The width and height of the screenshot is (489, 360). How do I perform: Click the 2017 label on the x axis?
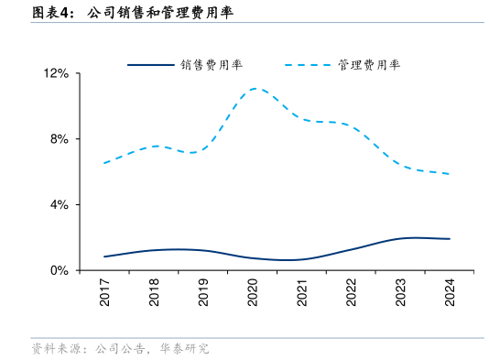tap(105, 294)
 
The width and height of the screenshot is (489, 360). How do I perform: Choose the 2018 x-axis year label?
tap(155, 294)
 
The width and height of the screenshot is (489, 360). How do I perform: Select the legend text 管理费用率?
tap(368, 65)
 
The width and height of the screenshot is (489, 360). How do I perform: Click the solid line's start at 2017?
tap(105, 256)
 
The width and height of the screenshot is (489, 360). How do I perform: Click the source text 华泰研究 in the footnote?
tap(184, 349)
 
